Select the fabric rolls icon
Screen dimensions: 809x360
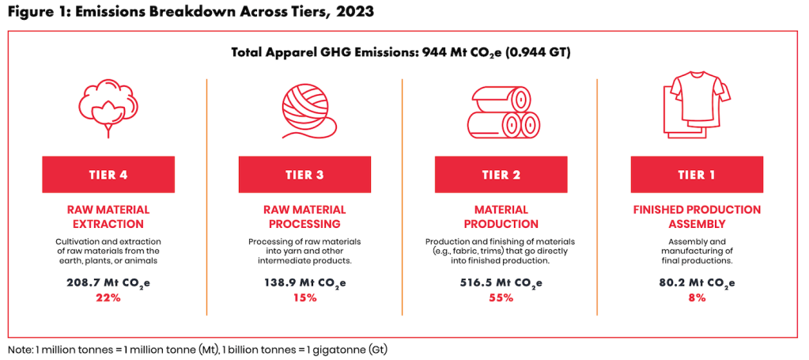click(x=500, y=115)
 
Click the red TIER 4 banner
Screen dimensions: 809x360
click(x=108, y=174)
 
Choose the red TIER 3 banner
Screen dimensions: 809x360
click(x=304, y=174)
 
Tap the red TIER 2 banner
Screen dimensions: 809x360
click(x=501, y=174)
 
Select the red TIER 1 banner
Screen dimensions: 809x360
click(x=697, y=174)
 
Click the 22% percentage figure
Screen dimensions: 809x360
click(x=108, y=297)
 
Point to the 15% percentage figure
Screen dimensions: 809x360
click(x=304, y=297)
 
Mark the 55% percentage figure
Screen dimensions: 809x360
click(x=501, y=297)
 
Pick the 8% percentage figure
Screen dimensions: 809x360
click(x=697, y=297)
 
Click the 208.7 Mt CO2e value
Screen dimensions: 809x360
click(x=108, y=283)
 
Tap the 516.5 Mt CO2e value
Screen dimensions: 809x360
click(x=501, y=283)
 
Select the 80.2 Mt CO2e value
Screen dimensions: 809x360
click(x=697, y=283)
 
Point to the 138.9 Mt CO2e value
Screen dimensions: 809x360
click(x=304, y=283)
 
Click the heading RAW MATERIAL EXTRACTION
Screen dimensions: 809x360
click(x=108, y=217)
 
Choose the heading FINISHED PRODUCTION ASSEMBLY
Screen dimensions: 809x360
click(x=697, y=217)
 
